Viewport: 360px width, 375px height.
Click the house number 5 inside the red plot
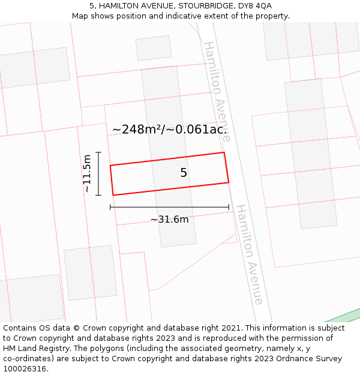coord(184,173)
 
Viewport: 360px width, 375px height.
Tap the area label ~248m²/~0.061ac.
coord(170,129)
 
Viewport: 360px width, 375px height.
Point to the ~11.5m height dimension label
coord(87,173)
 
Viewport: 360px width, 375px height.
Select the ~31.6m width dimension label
coord(169,220)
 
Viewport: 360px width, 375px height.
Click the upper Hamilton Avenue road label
coord(217,91)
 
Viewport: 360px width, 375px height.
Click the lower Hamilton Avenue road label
coord(249,254)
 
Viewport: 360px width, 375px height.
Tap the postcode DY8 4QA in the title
coord(255,5)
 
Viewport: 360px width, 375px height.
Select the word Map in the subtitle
coord(80,16)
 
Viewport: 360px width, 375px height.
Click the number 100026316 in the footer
coord(24,368)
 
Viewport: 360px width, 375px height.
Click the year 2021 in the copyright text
coord(230,328)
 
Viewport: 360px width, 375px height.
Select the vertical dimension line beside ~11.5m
coord(98,173)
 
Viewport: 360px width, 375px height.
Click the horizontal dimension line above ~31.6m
coord(169,208)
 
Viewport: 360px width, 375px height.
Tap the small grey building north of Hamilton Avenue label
coord(153,48)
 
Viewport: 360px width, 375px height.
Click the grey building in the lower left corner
coord(34,298)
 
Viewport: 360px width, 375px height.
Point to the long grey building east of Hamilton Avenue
coord(310,153)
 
